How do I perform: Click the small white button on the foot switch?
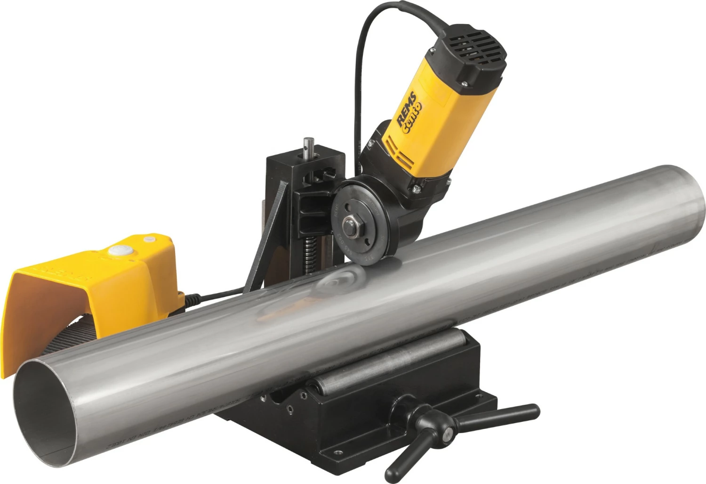click(x=150, y=239)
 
